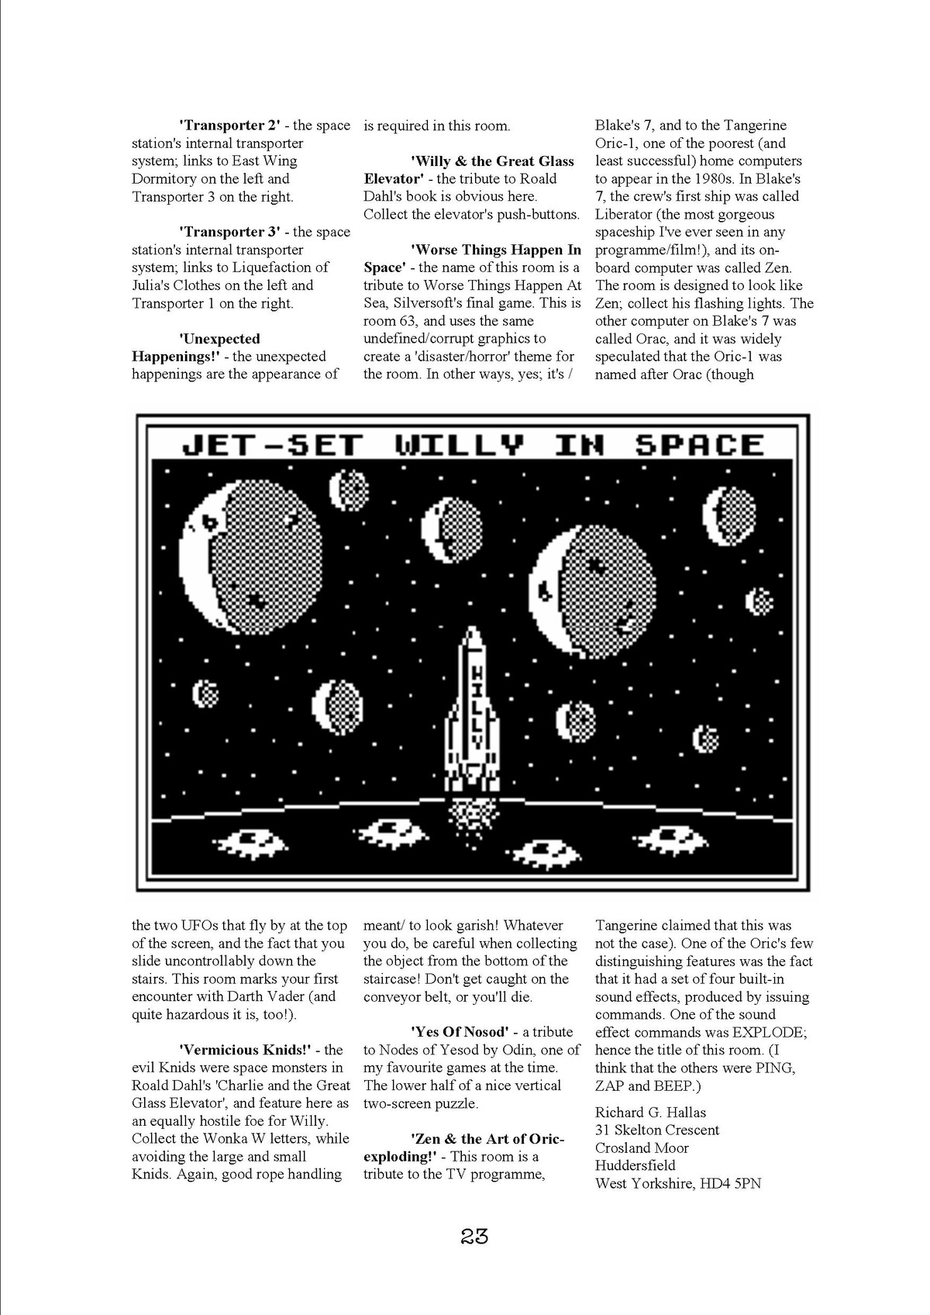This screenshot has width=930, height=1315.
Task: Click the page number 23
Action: [x=474, y=1236]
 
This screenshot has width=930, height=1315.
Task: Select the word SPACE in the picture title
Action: [x=699, y=444]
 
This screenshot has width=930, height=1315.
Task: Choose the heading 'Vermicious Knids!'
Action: [x=244, y=1050]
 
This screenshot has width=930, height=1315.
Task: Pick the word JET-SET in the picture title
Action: [x=272, y=444]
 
